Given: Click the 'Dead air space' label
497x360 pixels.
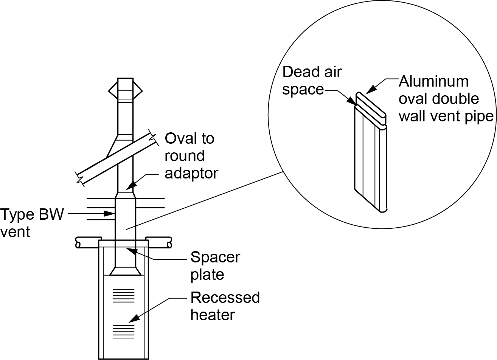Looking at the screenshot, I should (312, 81).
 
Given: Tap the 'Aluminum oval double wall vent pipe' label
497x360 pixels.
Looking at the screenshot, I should (446, 99).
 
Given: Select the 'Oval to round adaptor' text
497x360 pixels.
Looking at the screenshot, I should (191, 156).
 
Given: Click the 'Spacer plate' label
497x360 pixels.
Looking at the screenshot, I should (215, 266).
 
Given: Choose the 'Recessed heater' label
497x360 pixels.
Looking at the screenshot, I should (225, 306).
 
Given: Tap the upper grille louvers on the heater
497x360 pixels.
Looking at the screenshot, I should (124, 295).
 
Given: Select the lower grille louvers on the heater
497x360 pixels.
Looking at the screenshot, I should (124, 331).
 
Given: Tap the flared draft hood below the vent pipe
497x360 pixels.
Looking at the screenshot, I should (125, 271).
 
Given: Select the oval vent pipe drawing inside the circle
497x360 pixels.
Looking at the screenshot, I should (371, 159).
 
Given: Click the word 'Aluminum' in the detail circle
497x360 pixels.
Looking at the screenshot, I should (433, 81).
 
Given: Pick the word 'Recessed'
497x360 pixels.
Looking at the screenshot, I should (225, 298).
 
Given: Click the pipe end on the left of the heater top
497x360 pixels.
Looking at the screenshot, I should (78, 242).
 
